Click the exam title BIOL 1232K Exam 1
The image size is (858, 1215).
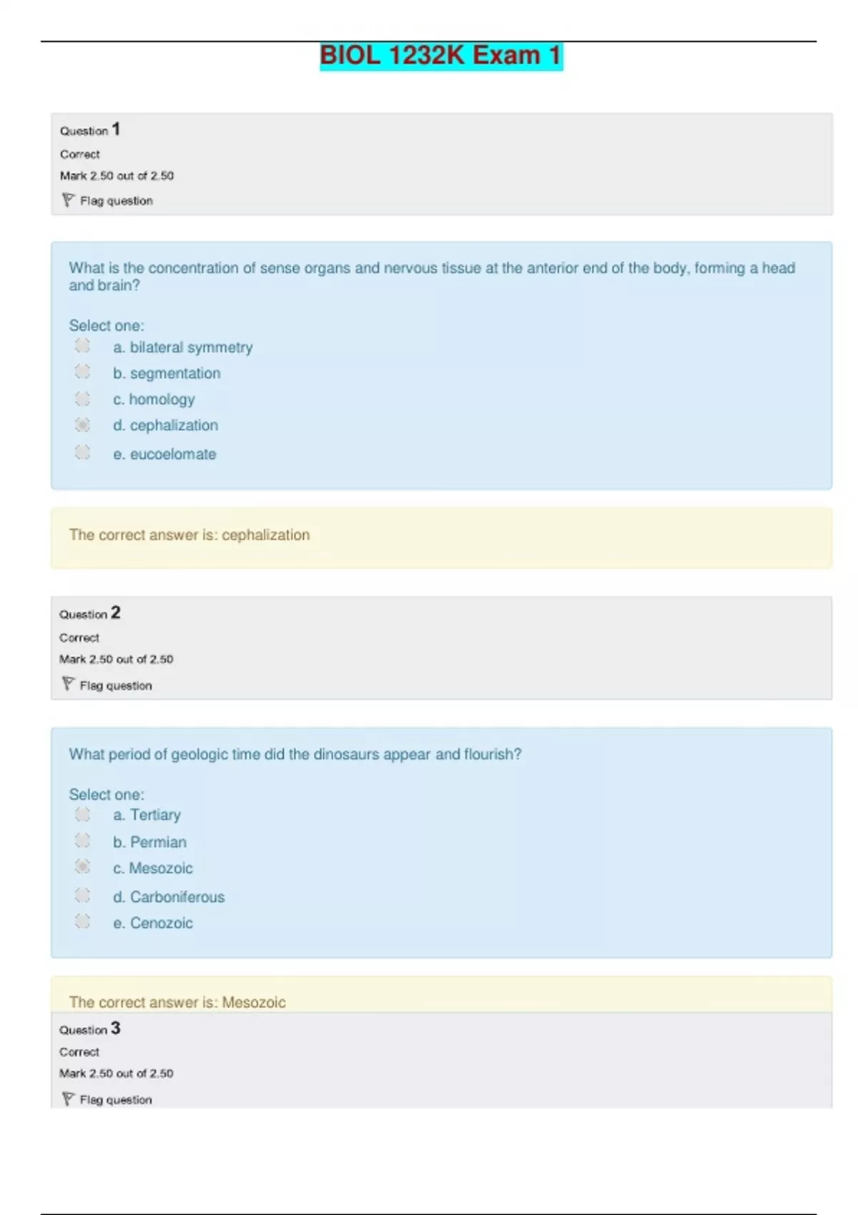pyautogui.click(x=440, y=56)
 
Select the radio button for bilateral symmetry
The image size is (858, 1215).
pyautogui.click(x=83, y=346)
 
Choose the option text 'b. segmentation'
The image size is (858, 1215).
pyautogui.click(x=167, y=373)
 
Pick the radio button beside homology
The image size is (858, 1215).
pyautogui.click(x=83, y=398)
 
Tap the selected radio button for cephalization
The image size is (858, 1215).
pyautogui.click(x=83, y=425)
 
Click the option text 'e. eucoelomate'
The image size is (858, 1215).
pyautogui.click(x=164, y=454)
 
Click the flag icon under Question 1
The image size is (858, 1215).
pyautogui.click(x=68, y=200)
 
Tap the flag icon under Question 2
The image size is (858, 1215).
pyautogui.click(x=68, y=684)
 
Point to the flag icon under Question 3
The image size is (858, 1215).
pyautogui.click(x=68, y=1099)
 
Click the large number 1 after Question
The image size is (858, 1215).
pyautogui.click(x=116, y=129)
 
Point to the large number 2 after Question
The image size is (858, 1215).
pyautogui.click(x=116, y=613)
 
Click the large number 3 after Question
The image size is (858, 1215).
pyautogui.click(x=116, y=1028)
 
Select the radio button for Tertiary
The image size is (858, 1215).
pyautogui.click(x=83, y=814)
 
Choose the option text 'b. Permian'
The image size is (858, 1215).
pyautogui.click(x=149, y=842)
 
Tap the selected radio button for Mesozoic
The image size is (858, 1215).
pyautogui.click(x=83, y=866)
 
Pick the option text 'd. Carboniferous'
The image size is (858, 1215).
pyautogui.click(x=169, y=897)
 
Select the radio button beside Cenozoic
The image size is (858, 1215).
pyautogui.click(x=83, y=921)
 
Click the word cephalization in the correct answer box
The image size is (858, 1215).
pyautogui.click(x=265, y=535)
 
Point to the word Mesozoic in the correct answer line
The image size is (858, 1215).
pyautogui.click(x=254, y=1002)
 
